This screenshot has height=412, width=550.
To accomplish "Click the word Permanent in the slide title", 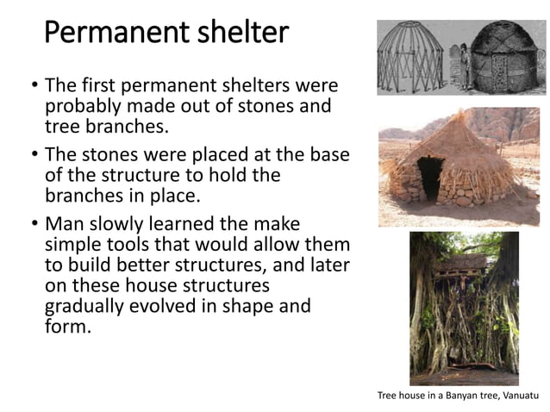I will click(x=109, y=34).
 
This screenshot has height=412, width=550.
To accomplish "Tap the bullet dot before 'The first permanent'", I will click(x=32, y=86).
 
